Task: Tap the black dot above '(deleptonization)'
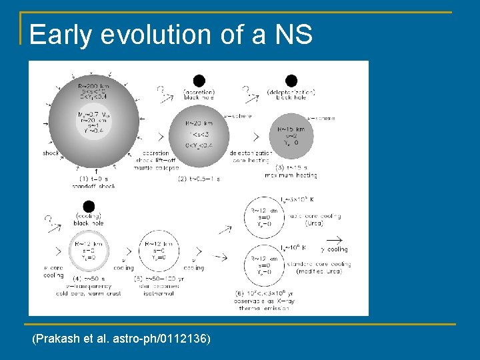(291, 80)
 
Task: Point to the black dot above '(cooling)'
(89, 207)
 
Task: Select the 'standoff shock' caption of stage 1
(93, 185)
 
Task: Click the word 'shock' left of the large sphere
(51, 153)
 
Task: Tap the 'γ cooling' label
(334, 249)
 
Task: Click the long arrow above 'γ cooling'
(333, 239)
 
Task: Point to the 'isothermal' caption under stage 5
(156, 293)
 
